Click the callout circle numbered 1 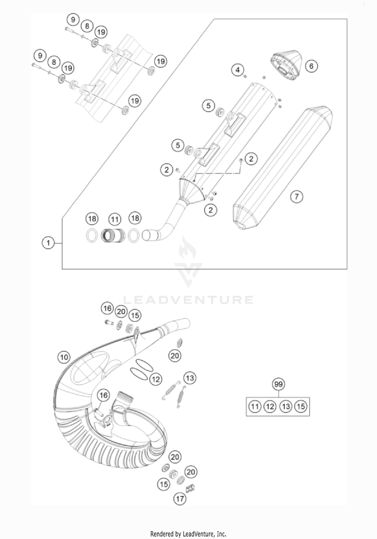point(48,243)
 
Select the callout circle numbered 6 point(311,66)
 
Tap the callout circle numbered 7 point(297,196)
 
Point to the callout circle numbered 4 point(238,70)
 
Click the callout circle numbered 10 point(64,357)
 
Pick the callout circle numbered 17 point(180,499)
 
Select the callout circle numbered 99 point(278,384)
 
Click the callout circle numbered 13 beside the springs point(190,378)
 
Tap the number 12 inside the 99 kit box point(270,406)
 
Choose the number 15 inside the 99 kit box point(301,406)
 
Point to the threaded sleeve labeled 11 point(113,235)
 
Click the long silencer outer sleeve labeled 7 point(281,169)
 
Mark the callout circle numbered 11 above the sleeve point(115,220)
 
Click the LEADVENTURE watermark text point(189,300)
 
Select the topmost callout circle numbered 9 point(73,20)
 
